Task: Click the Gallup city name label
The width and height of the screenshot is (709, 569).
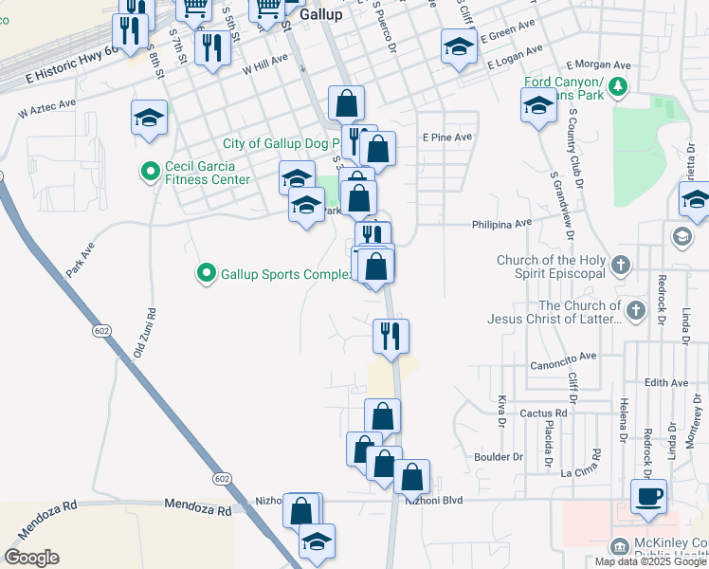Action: (320, 15)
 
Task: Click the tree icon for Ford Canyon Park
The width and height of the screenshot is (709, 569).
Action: (619, 88)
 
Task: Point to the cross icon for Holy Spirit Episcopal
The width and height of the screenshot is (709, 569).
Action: (620, 266)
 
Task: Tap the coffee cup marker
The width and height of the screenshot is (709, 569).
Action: (648, 496)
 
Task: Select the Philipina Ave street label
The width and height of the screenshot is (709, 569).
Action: (501, 225)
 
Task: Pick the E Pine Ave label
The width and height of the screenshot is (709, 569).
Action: (446, 138)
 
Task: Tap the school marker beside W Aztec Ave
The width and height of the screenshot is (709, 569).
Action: (150, 118)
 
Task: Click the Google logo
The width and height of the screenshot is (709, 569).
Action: (31, 558)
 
